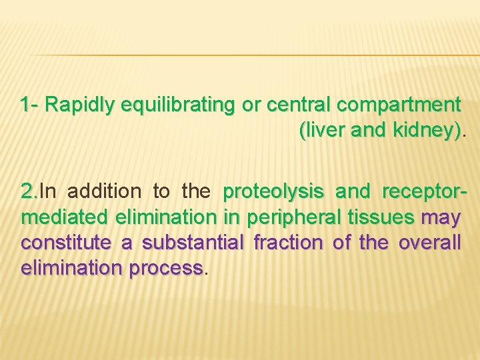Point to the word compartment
click(x=399, y=105)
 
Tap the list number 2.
click(x=29, y=192)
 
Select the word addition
click(x=104, y=192)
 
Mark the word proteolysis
click(x=274, y=192)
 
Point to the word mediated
click(x=63, y=217)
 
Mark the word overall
click(x=429, y=243)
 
